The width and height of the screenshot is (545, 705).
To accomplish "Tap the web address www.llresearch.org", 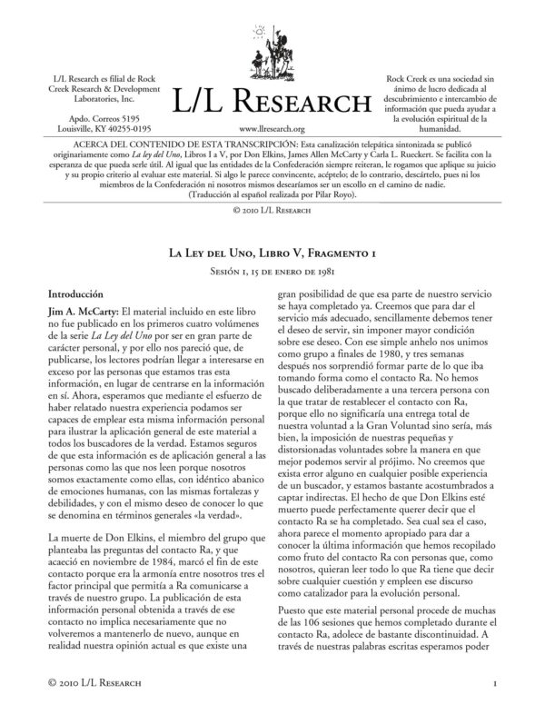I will pos(272,130).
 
